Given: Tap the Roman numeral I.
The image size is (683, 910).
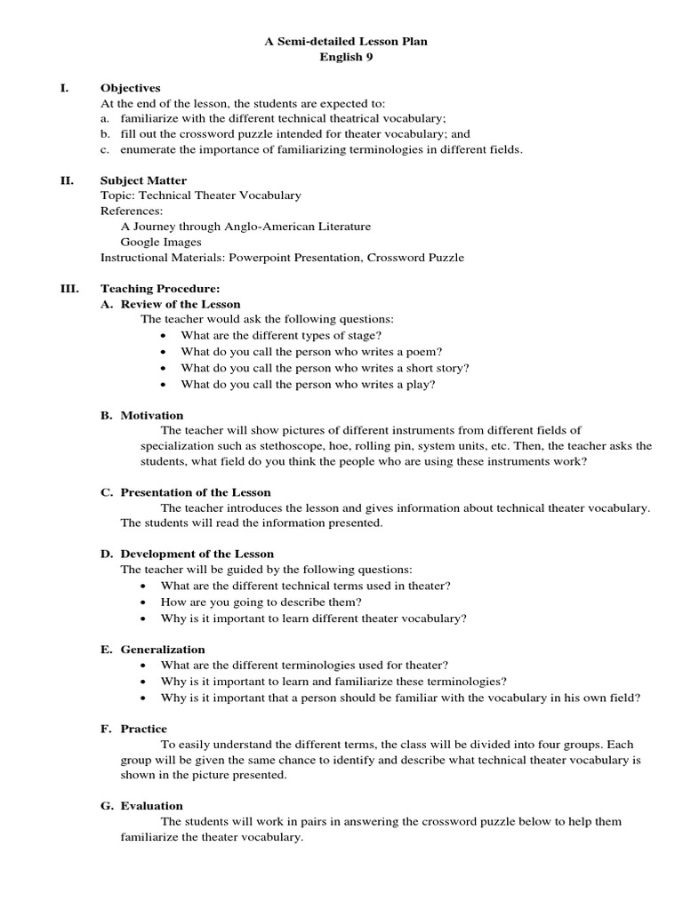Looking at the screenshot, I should (x=64, y=88).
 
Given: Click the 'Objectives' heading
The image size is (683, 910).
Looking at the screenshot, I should (x=130, y=88).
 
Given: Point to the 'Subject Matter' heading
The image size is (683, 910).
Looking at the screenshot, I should (x=143, y=180).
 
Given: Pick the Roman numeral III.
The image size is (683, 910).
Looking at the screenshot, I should (x=68, y=289).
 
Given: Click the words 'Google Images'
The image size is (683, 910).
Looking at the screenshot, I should (x=161, y=242).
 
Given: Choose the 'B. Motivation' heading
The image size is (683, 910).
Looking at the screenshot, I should (x=141, y=415).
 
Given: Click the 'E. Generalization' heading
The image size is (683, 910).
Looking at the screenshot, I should (x=152, y=650).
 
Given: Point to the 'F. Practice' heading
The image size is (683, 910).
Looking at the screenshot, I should (x=133, y=729).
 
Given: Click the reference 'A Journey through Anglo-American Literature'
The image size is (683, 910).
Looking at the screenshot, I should (x=245, y=227).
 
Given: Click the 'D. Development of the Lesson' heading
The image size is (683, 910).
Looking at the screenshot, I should (x=188, y=554).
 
